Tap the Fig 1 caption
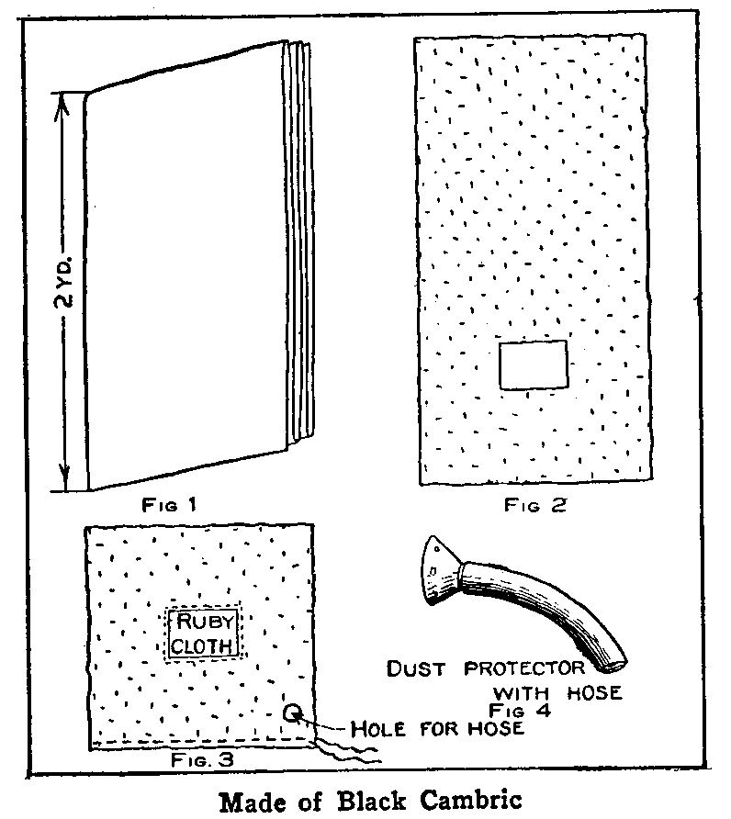click(x=169, y=504)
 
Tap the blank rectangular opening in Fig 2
click(x=534, y=365)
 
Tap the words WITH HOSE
click(x=557, y=691)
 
